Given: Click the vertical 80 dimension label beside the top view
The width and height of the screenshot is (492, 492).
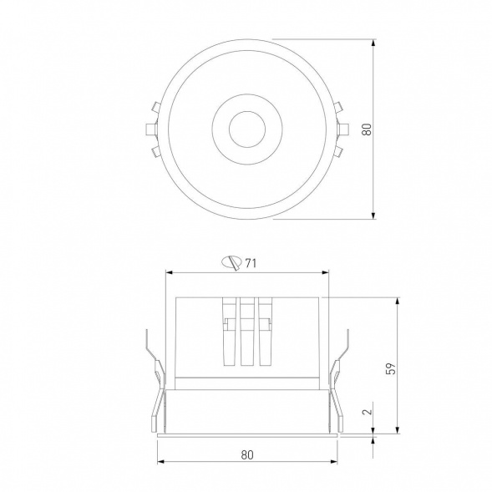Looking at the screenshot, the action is [367, 129].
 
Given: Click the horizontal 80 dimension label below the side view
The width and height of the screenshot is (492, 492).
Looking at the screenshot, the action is [247, 454].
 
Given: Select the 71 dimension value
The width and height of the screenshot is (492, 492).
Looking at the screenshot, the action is [251, 263].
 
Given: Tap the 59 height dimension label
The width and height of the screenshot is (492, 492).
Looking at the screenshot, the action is [391, 368].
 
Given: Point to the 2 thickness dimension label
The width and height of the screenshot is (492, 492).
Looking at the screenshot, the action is [367, 411].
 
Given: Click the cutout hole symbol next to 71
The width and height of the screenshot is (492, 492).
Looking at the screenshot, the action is [232, 262].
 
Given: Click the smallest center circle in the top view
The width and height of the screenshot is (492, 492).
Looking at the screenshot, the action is [247, 129].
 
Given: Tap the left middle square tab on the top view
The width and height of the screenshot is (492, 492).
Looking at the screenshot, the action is [151, 129].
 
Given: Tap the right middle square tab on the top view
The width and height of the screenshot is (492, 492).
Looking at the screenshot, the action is [343, 129].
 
